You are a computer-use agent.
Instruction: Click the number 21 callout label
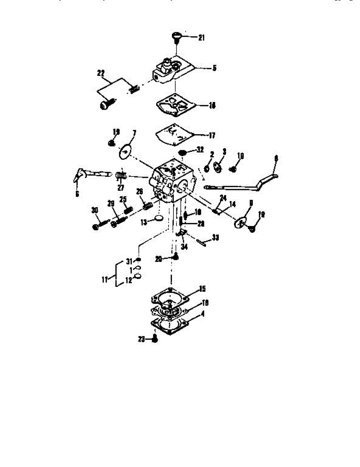[201, 38]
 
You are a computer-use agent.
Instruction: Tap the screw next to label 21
[177, 37]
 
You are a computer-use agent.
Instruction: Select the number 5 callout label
[214, 68]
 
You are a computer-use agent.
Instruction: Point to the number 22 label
[101, 73]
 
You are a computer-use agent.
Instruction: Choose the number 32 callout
[200, 149]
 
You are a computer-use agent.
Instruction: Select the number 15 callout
[202, 289]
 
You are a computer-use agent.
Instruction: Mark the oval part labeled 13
[158, 218]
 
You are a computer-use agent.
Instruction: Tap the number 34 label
[184, 247]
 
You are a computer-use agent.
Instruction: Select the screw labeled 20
[176, 256]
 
